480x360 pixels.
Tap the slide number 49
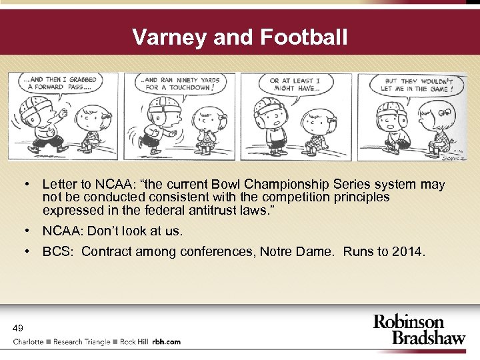(18, 327)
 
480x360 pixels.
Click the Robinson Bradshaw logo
(419, 329)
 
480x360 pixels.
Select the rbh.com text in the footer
(166, 342)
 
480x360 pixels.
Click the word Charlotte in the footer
(29, 342)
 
